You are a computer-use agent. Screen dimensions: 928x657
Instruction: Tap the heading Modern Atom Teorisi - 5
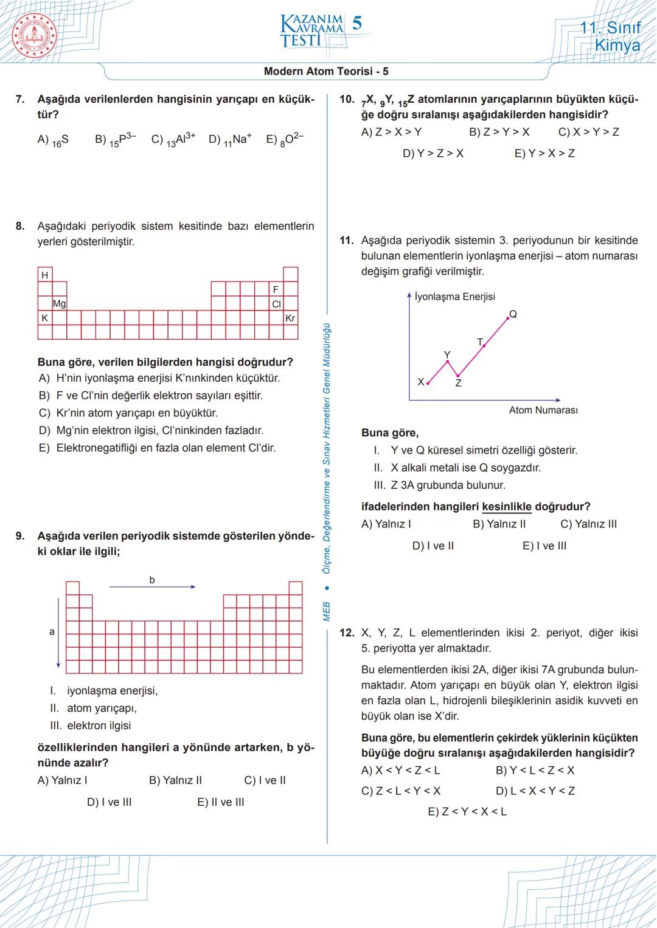pos(326,71)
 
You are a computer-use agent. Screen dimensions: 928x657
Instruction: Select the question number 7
pos(20,99)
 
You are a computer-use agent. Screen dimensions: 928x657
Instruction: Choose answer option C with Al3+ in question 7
pos(173,139)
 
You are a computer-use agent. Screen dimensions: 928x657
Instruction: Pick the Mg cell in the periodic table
pos(59,303)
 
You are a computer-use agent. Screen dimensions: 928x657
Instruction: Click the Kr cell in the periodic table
pos(290,318)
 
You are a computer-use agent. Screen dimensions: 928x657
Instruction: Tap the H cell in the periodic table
pos(44,275)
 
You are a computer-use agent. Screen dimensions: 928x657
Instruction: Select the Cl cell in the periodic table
pos(276,303)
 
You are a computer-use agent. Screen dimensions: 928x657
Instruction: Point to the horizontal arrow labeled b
pos(152,586)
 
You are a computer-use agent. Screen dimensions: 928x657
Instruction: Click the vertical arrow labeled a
pos(58,632)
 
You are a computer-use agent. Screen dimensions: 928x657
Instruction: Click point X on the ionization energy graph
pos(428,383)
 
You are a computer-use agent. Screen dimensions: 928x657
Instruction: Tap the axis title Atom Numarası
pos(543,410)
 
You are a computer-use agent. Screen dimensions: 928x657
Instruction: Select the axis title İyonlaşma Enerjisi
pos(454,297)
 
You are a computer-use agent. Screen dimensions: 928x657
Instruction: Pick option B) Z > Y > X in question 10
pos(499,132)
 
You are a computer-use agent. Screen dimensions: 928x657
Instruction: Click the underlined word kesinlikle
pos(506,506)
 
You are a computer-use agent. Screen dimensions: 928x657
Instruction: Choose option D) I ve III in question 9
pos(109,802)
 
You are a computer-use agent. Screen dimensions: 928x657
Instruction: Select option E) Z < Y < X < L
pos(467,812)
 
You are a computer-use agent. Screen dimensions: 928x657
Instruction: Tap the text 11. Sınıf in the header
pos(610,27)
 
